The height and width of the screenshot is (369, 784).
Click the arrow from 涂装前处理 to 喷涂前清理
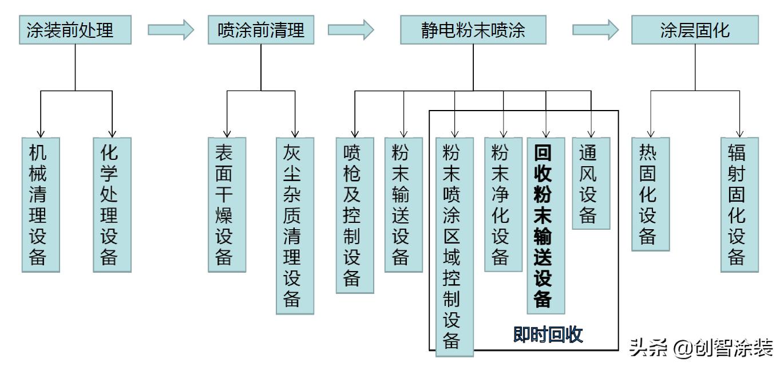point(171,30)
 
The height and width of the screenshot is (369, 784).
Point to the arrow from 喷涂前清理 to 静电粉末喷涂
point(351,30)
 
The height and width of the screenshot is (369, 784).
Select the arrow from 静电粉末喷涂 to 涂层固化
point(595,30)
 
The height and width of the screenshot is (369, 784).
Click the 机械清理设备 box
point(41,205)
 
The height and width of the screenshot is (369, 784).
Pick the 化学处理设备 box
point(112,205)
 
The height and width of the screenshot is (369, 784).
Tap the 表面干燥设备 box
point(227,205)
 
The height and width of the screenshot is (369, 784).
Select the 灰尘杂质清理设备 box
point(295,225)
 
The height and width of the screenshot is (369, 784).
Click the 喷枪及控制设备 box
point(355,215)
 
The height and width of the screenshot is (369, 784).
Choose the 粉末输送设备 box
point(403,205)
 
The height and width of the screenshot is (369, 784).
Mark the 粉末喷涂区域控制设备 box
point(454,246)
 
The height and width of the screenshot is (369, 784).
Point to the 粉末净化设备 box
point(504,205)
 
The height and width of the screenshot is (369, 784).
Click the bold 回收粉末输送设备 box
point(545,225)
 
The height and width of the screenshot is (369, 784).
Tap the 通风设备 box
point(591,183)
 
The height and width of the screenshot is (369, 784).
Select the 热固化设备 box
point(651,194)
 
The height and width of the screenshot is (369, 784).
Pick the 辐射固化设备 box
point(739,205)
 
